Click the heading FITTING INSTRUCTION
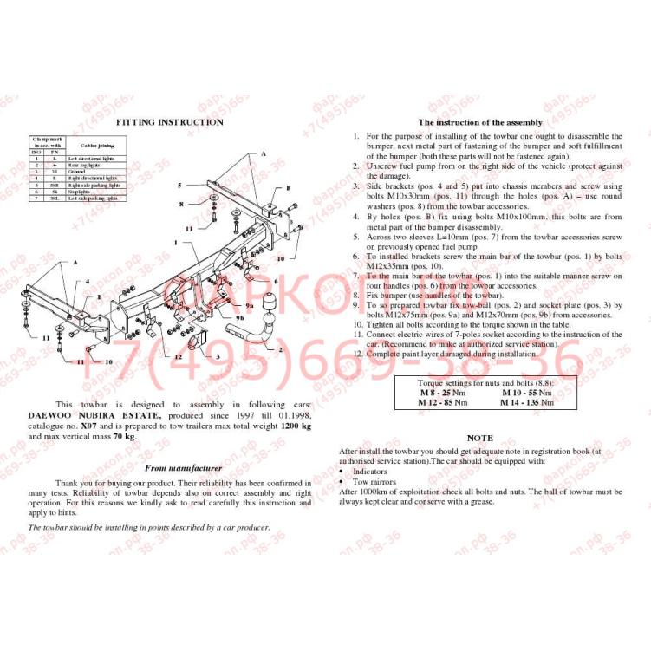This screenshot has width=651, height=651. (169, 123)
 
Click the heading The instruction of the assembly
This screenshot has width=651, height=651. (480, 123)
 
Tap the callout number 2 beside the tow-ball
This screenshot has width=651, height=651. (280, 349)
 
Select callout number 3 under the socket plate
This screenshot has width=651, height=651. (218, 356)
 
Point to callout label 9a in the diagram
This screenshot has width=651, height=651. (250, 306)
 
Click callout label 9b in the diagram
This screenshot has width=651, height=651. (239, 318)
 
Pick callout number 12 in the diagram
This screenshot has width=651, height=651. (178, 356)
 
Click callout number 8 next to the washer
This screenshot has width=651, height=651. (181, 205)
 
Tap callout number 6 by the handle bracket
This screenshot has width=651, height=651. (276, 281)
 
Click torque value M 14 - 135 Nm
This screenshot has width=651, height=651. (526, 402)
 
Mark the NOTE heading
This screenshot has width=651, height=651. (479, 439)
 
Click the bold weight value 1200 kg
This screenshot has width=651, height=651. (295, 426)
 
